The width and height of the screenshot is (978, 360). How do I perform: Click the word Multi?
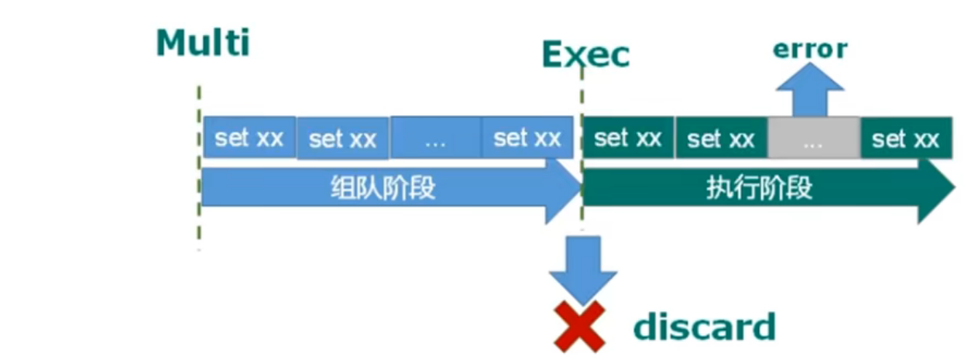tap(203, 43)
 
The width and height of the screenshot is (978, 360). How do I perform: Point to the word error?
tap(810, 50)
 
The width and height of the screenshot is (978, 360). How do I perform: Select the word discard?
tap(704, 327)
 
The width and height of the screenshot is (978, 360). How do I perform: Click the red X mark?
tap(579, 326)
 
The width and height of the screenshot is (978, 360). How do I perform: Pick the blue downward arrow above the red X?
tap(582, 267)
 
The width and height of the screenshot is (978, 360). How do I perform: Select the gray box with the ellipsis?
tap(813, 139)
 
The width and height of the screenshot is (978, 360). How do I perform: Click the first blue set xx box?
tap(249, 138)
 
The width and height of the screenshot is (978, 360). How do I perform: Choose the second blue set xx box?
tap(343, 139)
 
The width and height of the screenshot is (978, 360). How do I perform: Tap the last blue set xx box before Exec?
tap(527, 138)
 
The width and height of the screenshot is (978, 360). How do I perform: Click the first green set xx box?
tap(627, 139)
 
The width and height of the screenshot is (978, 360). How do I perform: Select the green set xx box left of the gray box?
tap(721, 139)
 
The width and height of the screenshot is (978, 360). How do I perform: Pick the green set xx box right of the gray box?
tap(905, 139)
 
